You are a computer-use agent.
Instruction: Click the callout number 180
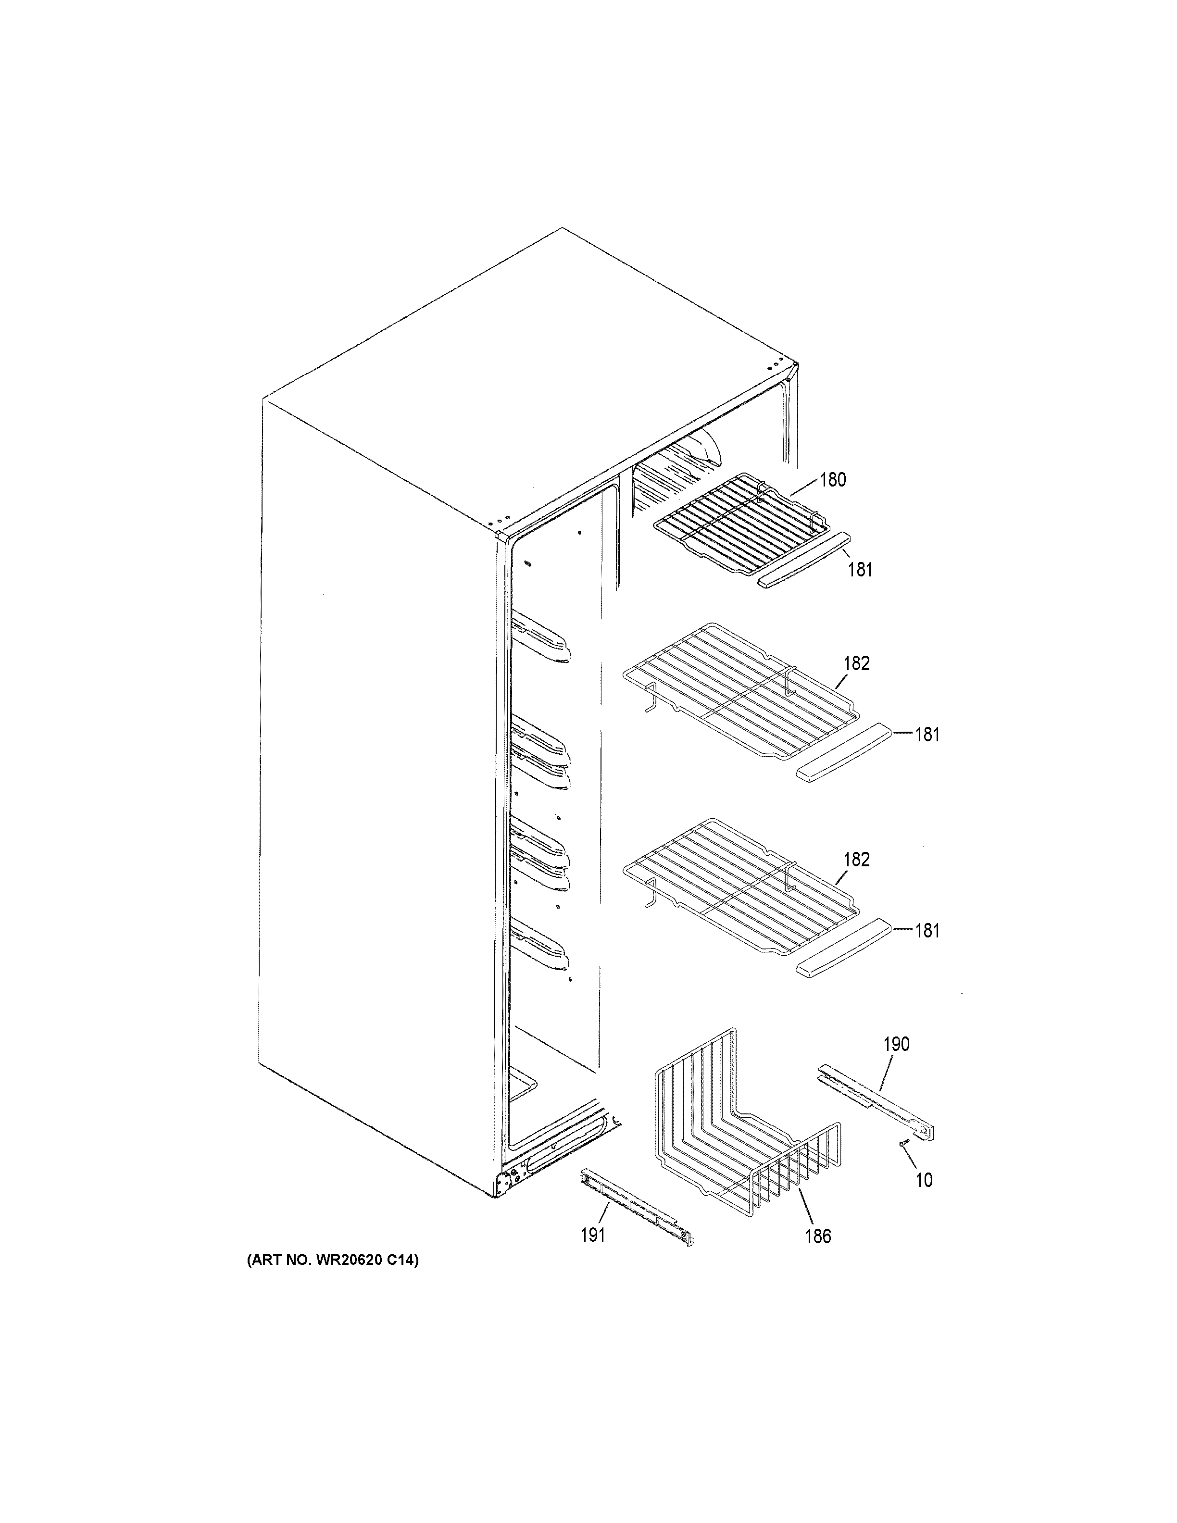833,480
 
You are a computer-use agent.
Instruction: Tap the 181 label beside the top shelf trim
860,570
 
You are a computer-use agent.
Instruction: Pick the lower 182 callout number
856,859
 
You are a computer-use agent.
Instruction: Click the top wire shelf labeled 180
739,520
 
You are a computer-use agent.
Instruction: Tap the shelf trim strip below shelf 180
805,559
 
